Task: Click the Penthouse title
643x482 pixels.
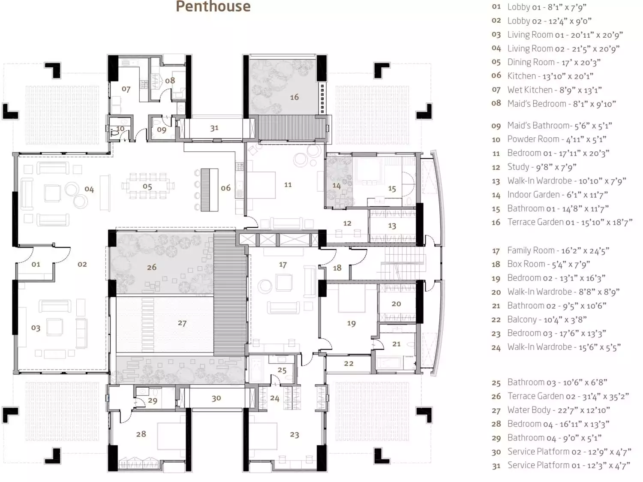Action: coord(213,6)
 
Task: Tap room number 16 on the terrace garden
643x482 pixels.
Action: coord(294,97)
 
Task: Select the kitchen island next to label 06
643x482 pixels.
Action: coord(209,190)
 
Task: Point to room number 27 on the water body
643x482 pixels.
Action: coord(182,323)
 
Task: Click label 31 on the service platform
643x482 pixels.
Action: coord(214,128)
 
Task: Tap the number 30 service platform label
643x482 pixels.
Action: coord(216,398)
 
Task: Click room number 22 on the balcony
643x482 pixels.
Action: coord(349,364)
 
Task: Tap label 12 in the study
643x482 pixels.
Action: coord(347,223)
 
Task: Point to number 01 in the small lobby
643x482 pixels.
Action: coord(36,265)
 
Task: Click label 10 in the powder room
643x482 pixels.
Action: coord(120,129)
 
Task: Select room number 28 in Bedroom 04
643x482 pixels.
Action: coord(141,434)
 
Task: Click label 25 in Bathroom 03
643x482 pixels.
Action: coord(282,370)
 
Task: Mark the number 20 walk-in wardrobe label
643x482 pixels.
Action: coord(396,304)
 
